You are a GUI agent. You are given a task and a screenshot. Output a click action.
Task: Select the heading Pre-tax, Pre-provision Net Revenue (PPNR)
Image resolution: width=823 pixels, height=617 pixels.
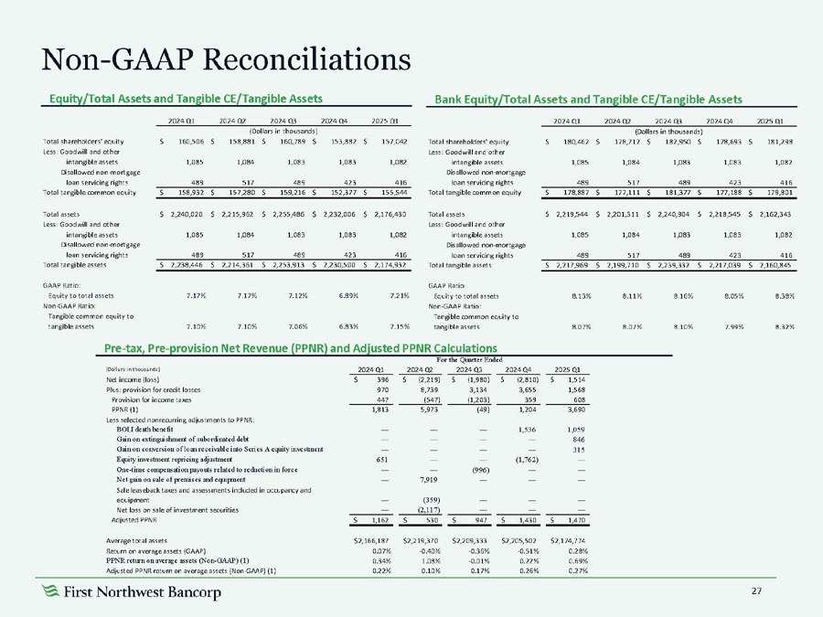coord(301,347)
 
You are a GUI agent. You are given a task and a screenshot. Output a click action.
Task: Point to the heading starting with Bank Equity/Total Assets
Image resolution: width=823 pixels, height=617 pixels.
coord(588,98)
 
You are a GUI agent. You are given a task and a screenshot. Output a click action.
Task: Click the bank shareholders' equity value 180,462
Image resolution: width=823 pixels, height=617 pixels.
coord(570,142)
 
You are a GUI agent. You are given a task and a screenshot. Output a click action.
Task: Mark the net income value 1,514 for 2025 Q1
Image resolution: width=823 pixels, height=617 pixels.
coord(572,378)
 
